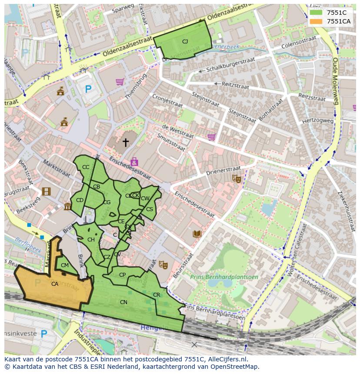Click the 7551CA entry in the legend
(338, 21)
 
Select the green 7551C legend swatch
(316, 12)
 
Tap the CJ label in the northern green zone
(185, 42)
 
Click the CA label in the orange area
(55, 284)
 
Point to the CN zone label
(123, 302)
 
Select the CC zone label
(86, 167)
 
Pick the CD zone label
(80, 200)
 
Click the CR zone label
(157, 295)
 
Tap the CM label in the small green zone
(65, 265)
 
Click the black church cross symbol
(126, 142)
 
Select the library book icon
(197, 234)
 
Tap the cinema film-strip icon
(46, 192)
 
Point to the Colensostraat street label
(299, 42)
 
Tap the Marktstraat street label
(56, 168)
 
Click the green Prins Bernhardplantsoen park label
(224, 277)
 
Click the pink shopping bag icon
(134, 162)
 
